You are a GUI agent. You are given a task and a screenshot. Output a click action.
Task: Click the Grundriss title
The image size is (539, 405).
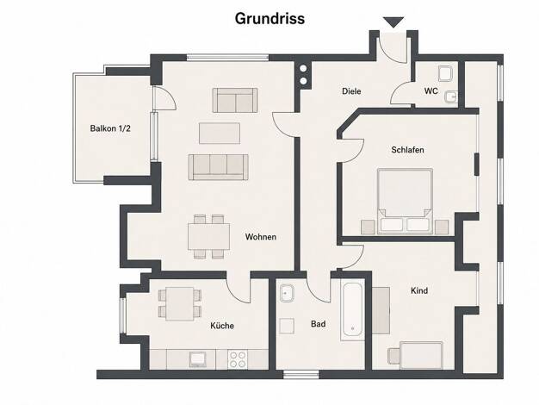tap(269, 19)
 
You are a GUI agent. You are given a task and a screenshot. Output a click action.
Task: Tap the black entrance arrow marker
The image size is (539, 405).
tap(393, 22)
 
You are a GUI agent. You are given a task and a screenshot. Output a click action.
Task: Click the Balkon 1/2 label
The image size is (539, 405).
tap(110, 128)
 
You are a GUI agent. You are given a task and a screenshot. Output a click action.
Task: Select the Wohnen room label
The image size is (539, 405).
tap(261, 237)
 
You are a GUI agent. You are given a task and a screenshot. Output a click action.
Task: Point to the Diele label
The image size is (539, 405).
tap(351, 91)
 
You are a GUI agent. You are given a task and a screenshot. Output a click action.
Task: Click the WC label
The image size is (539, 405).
tap(431, 90)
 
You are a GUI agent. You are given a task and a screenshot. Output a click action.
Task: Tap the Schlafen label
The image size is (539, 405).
tap(407, 150)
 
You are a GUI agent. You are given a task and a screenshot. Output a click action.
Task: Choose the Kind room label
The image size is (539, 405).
tap(419, 290)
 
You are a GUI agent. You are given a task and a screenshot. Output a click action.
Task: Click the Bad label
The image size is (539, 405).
tap(319, 324)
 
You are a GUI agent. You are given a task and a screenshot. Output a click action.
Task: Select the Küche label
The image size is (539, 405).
tap(222, 326)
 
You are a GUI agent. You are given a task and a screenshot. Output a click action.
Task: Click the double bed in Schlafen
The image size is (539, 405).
tap(405, 202)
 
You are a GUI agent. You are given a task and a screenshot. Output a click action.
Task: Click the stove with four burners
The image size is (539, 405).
tap(238, 359)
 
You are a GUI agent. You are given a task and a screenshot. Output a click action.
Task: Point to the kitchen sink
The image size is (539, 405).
tap(198, 359)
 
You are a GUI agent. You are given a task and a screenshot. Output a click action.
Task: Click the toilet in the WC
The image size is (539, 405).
tap(446, 73)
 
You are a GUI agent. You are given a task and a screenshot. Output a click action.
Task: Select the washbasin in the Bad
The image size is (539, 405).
tap(286, 293)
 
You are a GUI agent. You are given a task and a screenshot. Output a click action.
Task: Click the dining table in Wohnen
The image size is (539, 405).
tap(209, 237)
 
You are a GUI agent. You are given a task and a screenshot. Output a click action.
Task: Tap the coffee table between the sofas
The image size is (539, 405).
tap(220, 134)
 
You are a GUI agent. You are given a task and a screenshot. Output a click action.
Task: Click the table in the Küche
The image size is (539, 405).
tap(180, 304)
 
